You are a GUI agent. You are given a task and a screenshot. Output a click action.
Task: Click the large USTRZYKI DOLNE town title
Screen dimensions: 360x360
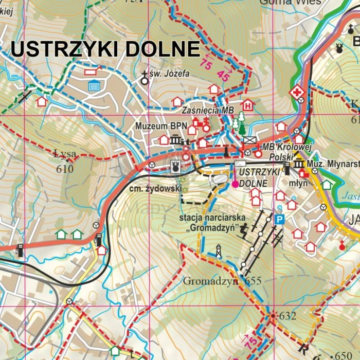(105, 49)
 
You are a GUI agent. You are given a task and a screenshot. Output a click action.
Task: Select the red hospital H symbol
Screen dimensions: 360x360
(248, 105)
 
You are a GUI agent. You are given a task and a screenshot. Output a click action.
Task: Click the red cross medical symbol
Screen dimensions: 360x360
(296, 93)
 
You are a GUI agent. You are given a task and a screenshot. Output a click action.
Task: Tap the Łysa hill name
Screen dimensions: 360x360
(65, 153)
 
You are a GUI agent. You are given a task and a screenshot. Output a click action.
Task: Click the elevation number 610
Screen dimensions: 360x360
(65, 169)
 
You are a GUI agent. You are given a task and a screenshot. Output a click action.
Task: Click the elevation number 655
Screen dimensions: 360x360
(254, 281)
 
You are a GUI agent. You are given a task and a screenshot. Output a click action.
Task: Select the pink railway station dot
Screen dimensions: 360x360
(235, 184)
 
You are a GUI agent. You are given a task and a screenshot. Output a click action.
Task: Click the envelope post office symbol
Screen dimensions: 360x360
(249, 139)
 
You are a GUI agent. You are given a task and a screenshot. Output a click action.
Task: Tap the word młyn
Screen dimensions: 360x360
(298, 183)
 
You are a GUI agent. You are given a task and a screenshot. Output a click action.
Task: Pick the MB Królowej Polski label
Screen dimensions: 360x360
(280, 151)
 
